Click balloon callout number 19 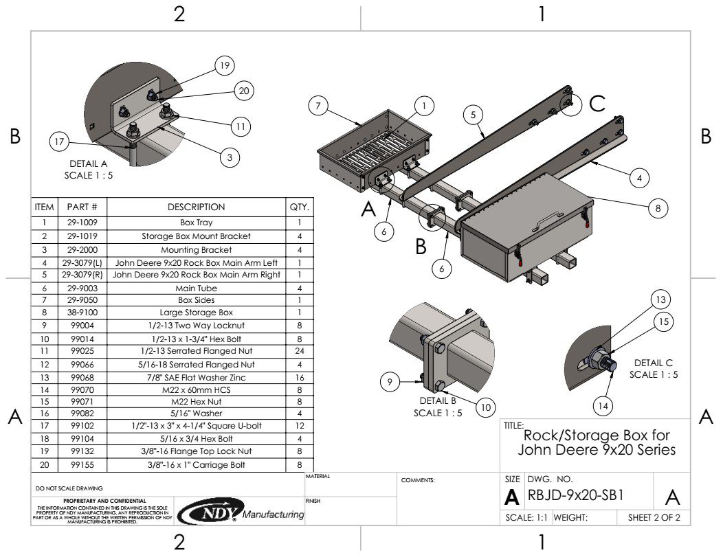pyautogui.click(x=224, y=66)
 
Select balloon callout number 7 pyautogui.click(x=318, y=106)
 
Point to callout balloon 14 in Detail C pyautogui.click(x=603, y=406)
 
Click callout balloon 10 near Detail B pyautogui.click(x=485, y=407)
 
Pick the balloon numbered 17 pyautogui.click(x=60, y=142)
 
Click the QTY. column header pyautogui.click(x=300, y=207)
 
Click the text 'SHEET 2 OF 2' pyautogui.click(x=654, y=518)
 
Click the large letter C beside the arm pyautogui.click(x=597, y=104)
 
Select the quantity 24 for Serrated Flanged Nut pyautogui.click(x=300, y=351)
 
